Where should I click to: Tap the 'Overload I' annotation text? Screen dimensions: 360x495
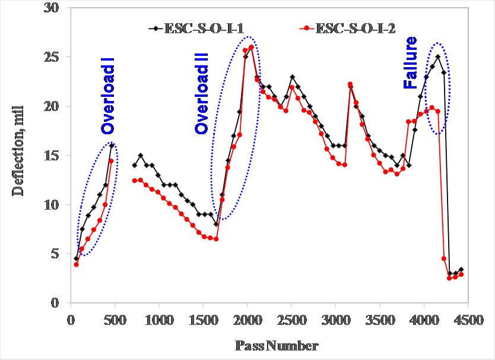(x=107, y=96)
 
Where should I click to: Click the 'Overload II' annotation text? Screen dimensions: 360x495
(x=202, y=92)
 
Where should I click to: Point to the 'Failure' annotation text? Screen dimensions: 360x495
(x=410, y=63)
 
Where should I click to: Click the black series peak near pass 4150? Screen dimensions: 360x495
(x=438, y=57)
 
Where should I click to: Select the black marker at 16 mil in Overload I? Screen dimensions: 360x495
(x=112, y=146)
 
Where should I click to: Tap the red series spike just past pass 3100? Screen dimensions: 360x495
(x=350, y=84)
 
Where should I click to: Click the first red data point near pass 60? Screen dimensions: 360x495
(x=76, y=264)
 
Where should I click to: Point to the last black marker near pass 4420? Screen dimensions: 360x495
(x=461, y=270)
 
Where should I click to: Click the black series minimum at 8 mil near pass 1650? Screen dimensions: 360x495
(x=216, y=224)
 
